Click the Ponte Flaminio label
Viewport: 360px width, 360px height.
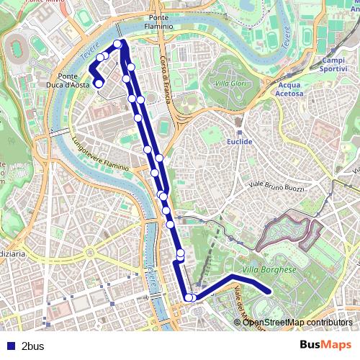(161, 22)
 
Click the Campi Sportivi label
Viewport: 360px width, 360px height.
(333, 65)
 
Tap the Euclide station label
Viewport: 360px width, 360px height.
(240, 142)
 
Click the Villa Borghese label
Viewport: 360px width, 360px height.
(269, 269)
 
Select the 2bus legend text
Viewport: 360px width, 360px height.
(33, 346)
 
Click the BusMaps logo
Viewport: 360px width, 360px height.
(326, 345)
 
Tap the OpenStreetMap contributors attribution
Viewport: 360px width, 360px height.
(297, 322)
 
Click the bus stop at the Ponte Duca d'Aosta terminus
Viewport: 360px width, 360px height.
(99, 84)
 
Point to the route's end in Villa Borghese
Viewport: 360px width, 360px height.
(269, 291)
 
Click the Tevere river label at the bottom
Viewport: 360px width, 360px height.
(152, 276)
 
